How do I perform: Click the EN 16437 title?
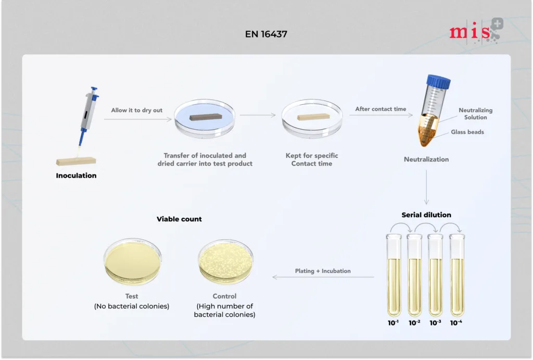[x=266, y=34]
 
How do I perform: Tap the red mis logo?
[x=476, y=32]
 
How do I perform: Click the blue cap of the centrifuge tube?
[x=439, y=82]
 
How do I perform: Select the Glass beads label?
[x=467, y=132]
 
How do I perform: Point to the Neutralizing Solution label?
[x=476, y=114]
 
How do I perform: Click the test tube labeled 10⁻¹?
[x=394, y=275]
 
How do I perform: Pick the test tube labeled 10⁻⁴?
[x=457, y=275]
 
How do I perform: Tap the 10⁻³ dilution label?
[x=436, y=322]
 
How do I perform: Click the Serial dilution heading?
[x=426, y=215]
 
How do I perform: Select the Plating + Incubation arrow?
[x=323, y=277]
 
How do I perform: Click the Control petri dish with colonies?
[x=226, y=262]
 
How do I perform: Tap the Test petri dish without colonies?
[x=133, y=262]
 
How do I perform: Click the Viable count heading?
[x=179, y=219]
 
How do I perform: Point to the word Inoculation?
[x=76, y=176]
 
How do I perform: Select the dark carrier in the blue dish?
[x=206, y=117]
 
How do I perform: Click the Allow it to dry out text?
[x=137, y=110]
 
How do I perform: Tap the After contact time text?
[x=380, y=109]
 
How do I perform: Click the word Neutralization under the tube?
[x=426, y=159]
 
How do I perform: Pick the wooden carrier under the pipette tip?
[x=76, y=161]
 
